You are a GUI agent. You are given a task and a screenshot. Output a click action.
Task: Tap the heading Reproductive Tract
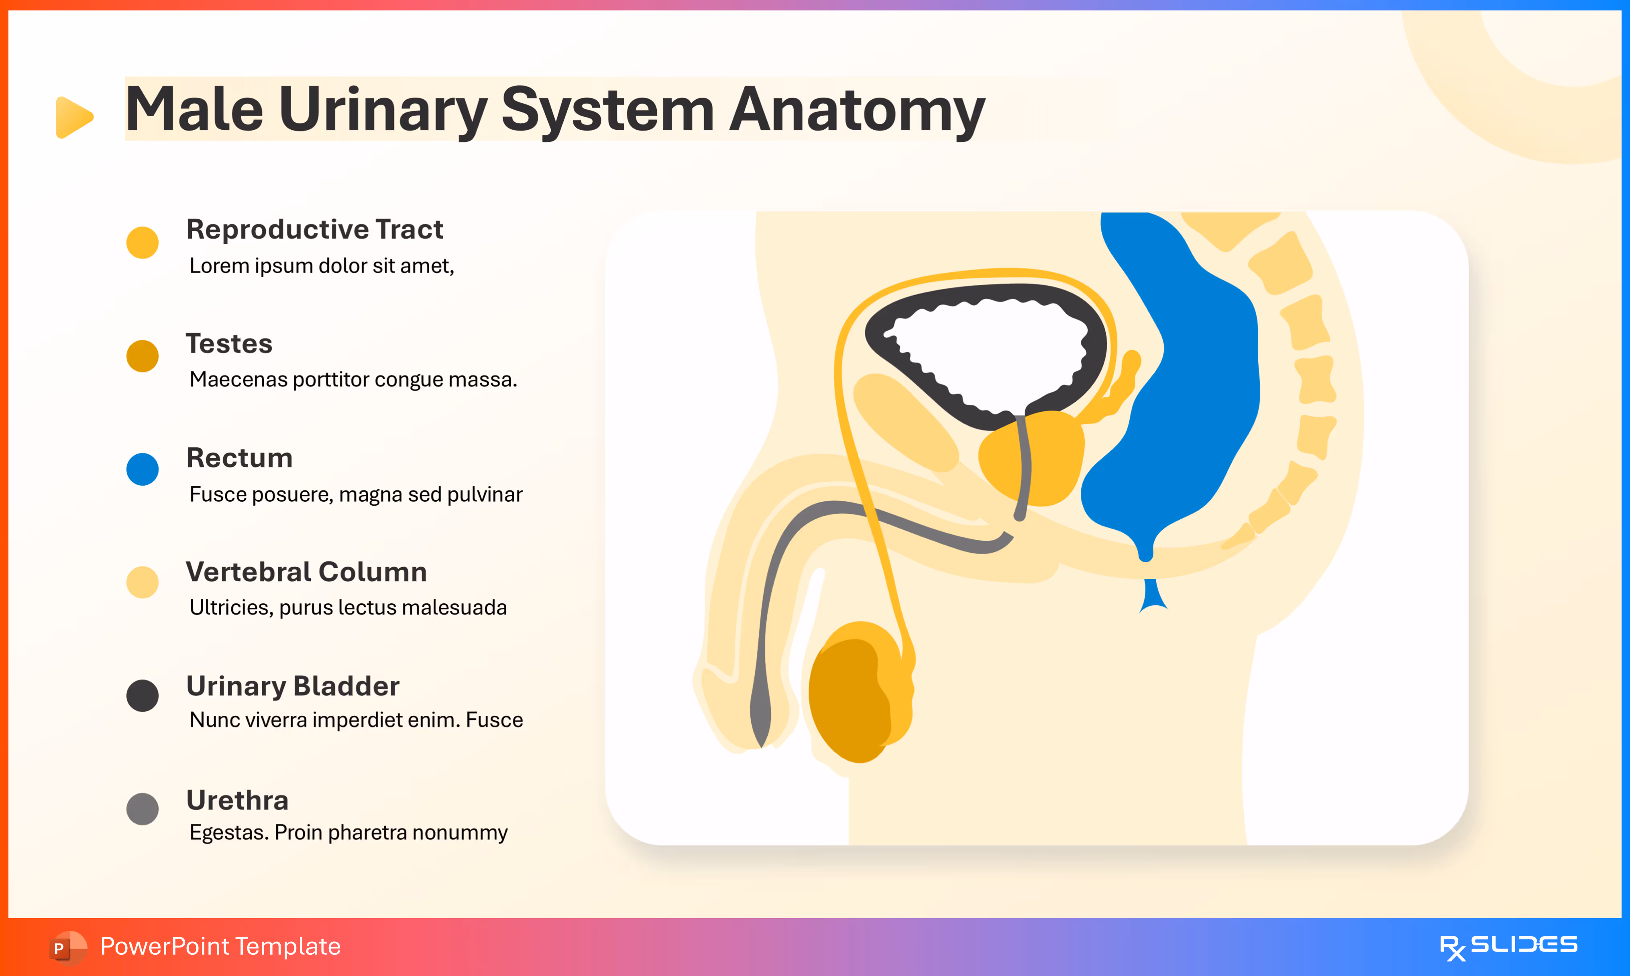point(314,229)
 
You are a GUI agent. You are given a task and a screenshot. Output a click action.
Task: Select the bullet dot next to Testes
point(142,356)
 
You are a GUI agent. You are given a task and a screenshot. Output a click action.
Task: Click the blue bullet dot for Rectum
point(142,469)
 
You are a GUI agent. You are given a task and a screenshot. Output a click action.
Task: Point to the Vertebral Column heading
point(306,572)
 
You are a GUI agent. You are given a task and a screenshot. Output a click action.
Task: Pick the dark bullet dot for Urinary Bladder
point(142,695)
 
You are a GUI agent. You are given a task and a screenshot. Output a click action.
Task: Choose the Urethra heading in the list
point(237,800)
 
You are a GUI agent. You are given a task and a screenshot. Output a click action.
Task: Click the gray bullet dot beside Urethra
point(142,808)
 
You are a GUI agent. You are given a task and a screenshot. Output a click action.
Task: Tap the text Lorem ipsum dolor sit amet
point(322,266)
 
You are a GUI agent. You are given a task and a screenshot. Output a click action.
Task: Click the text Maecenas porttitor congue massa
point(353,380)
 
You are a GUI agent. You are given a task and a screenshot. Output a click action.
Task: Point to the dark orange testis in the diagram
point(848,697)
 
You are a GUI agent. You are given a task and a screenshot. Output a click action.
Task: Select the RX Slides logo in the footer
point(1508,946)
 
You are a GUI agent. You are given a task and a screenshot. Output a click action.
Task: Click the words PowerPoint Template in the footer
point(220,946)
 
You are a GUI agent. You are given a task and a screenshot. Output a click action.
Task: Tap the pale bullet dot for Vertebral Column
point(142,582)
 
